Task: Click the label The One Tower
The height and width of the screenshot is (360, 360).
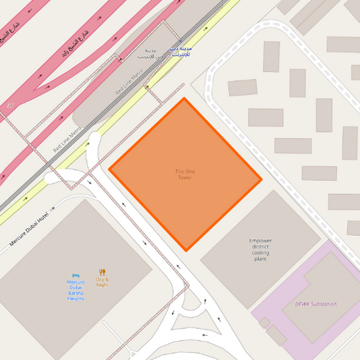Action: (184, 174)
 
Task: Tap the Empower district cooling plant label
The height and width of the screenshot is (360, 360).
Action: (260, 250)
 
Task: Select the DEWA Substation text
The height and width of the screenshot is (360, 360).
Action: (315, 304)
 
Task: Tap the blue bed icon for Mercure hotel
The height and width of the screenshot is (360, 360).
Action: (76, 276)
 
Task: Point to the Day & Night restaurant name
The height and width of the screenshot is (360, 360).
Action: (102, 282)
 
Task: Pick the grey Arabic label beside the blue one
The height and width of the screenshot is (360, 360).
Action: (151, 54)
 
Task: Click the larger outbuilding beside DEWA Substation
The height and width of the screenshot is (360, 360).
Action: (276, 335)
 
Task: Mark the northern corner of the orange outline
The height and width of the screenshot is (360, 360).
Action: (184, 99)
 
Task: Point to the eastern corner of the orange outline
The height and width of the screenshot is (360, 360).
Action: (261, 180)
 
